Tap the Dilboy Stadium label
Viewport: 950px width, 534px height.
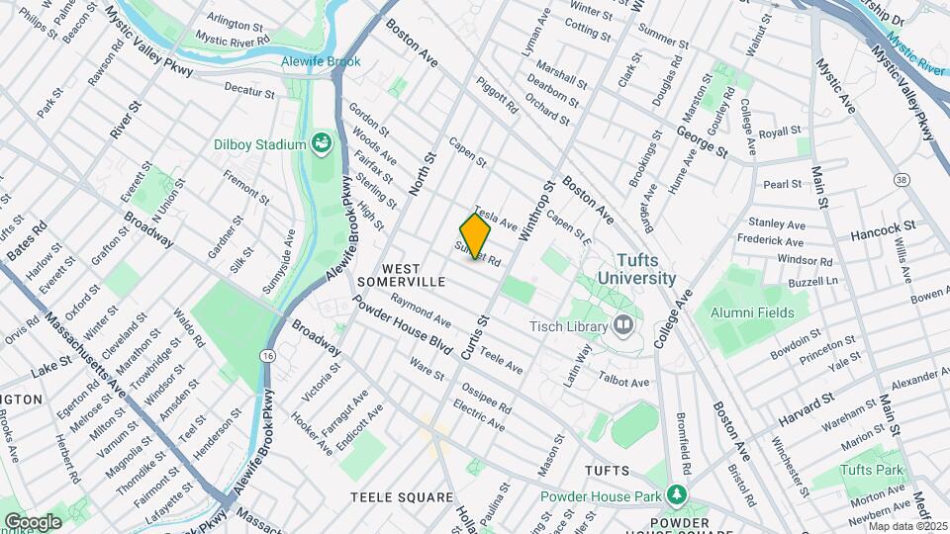click(259, 144)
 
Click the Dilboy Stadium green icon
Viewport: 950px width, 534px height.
click(322, 144)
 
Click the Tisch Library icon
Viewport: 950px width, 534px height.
click(623, 324)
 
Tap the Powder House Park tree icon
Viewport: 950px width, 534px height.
click(677, 493)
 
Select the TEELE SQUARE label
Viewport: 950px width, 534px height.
click(401, 496)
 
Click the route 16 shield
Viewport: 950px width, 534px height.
click(268, 354)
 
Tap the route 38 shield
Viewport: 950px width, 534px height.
click(900, 180)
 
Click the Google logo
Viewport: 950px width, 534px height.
click(33, 521)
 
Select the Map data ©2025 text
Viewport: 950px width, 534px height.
click(907, 526)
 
